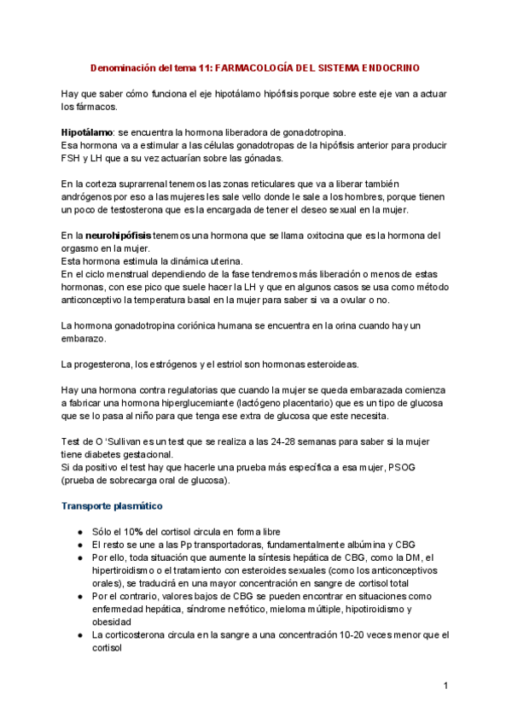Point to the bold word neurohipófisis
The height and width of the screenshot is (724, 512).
pyautogui.click(x=119, y=235)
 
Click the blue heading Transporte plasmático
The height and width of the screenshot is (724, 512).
pyautogui.click(x=111, y=506)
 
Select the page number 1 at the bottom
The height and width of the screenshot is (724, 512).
pyautogui.click(x=446, y=686)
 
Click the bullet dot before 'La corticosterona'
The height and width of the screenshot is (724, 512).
pyautogui.click(x=79, y=635)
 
